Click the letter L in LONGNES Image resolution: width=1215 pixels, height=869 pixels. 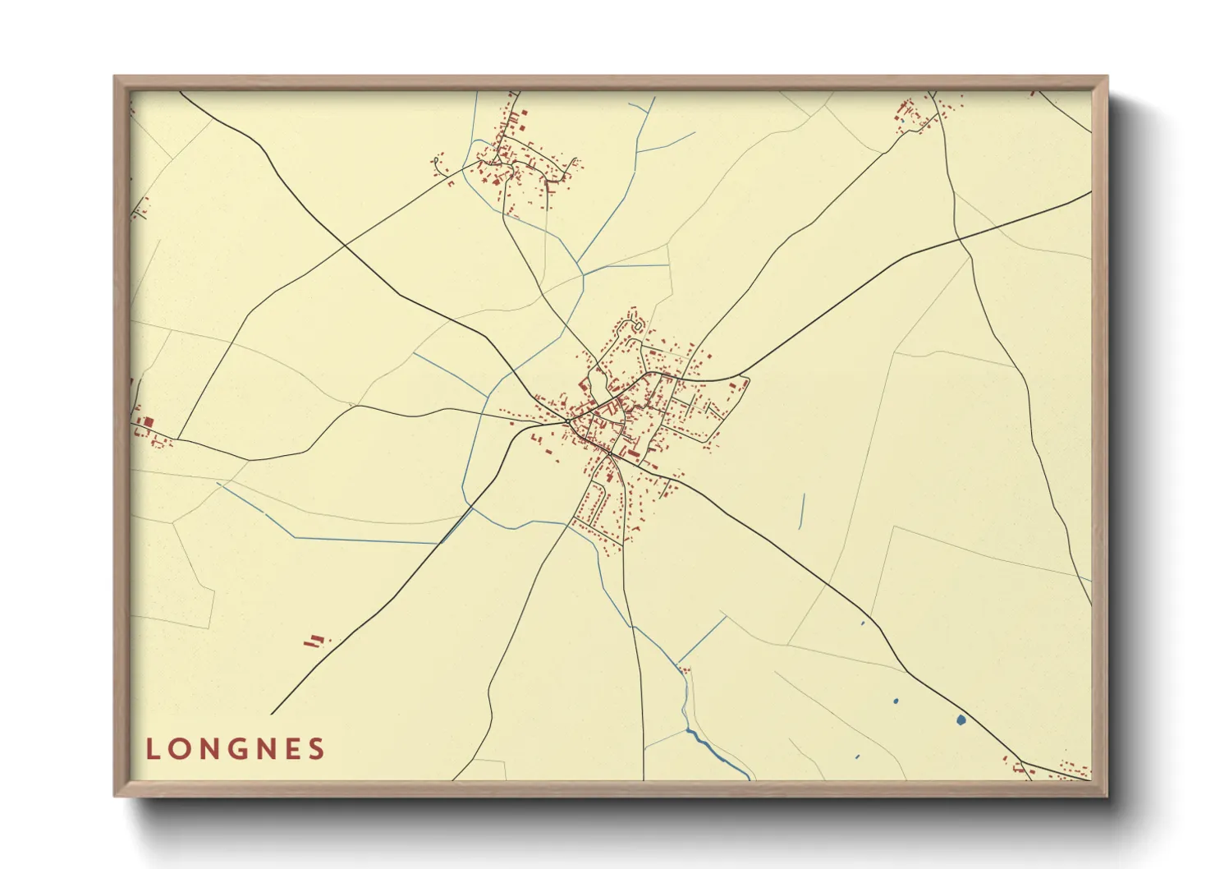pos(152,749)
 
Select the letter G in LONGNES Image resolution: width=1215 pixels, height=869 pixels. pos(236,749)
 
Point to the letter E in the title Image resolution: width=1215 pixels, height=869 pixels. pos(291,749)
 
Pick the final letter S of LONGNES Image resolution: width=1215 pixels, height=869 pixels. pos(318,749)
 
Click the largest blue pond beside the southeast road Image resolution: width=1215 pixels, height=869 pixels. pos(961,720)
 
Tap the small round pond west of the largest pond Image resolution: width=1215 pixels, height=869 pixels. pos(895,701)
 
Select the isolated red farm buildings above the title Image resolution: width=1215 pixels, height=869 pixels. pos(314,640)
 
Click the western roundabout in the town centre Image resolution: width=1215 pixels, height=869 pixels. pos(568,421)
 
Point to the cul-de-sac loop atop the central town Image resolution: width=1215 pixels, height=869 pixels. pos(634,326)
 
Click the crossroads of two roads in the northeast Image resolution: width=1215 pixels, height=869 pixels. pos(959,240)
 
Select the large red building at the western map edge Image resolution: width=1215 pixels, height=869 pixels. pos(149,422)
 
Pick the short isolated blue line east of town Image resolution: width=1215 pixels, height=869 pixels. pos(801,511)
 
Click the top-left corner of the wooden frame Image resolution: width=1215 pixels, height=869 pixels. pos(115,77)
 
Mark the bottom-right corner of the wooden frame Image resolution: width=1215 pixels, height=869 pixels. pos(1107,795)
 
